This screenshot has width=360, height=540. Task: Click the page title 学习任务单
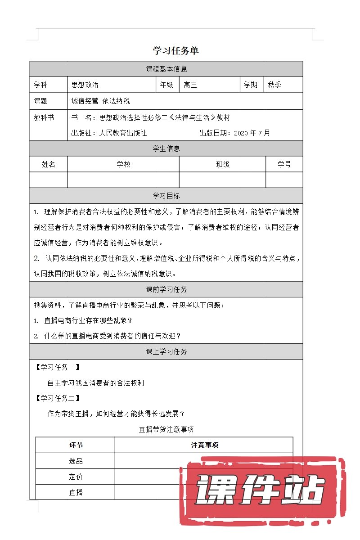coord(175,51)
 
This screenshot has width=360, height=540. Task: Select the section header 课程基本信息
coord(166,69)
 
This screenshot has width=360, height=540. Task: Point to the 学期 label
coord(251,85)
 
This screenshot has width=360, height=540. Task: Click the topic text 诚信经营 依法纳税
coord(100,101)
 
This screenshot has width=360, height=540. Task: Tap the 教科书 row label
coord(44,117)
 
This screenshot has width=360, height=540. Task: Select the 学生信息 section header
coord(166,148)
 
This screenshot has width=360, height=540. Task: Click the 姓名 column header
coord(49,164)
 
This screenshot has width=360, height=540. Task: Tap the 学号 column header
coord(284,164)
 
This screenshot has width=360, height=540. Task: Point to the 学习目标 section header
coord(166,196)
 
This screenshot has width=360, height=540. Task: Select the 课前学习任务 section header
coord(166,289)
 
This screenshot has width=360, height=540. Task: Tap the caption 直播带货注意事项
coord(166,429)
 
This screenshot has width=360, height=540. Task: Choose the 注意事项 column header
coord(204,445)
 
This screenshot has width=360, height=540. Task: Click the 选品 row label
coord(76,461)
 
